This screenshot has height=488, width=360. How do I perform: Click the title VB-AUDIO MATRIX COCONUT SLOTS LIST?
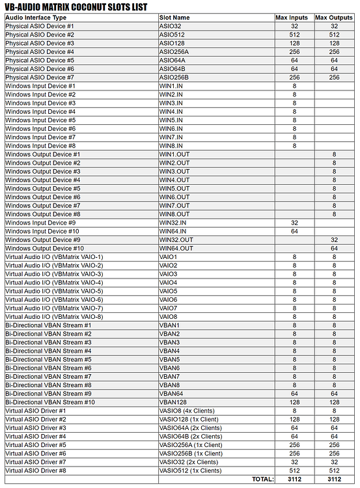pyautogui.click(x=76, y=7)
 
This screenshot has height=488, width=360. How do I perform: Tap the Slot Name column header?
pyautogui.click(x=174, y=18)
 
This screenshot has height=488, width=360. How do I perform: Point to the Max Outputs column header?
pyautogui.click(x=334, y=18)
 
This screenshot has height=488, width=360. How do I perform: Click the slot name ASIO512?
pyautogui.click(x=172, y=34)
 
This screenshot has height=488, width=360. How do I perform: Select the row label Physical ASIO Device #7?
pyautogui.click(x=40, y=77)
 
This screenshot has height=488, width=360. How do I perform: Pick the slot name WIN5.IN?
pyautogui.click(x=171, y=120)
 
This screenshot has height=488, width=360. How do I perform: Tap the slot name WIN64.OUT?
pyautogui.click(x=176, y=249)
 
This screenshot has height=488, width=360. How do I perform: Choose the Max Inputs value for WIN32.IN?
pyautogui.click(x=294, y=223)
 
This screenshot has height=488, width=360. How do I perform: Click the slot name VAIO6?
pyautogui.click(x=168, y=300)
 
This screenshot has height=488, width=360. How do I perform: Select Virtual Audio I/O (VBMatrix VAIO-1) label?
pyautogui.click(x=54, y=257)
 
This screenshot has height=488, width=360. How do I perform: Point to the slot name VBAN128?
pyautogui.click(x=173, y=402)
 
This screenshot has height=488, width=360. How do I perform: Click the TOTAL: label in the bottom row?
pyautogui.click(x=259, y=480)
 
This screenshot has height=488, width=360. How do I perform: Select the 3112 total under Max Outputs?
pyautogui.click(x=334, y=480)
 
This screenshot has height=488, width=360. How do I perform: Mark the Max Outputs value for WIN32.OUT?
pyautogui.click(x=334, y=240)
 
